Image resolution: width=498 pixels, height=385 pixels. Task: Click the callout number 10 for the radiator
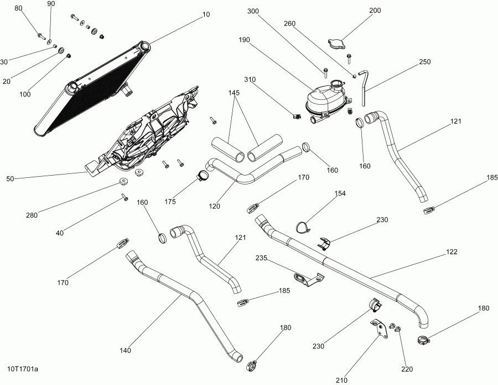[206, 15]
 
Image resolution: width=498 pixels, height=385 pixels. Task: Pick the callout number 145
[235, 93]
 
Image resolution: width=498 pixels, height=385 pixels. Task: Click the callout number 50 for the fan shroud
[10, 179]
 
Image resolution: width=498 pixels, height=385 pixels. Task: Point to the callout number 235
[261, 258]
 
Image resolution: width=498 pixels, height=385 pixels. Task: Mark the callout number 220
[407, 368]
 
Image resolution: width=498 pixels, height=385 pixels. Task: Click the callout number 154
[340, 193]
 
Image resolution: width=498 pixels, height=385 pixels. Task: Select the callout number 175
[169, 202]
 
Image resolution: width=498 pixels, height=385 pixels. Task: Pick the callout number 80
[18, 8]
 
